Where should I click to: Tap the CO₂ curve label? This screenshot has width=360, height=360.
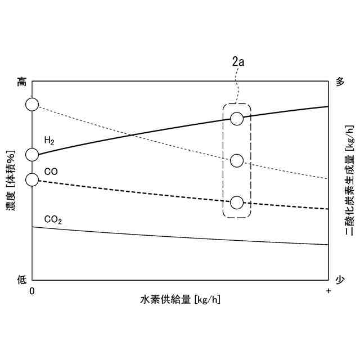(53, 219)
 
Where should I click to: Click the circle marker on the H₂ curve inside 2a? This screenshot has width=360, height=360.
(237, 119)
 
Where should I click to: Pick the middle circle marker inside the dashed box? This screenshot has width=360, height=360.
(237, 161)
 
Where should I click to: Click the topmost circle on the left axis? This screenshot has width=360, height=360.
(32, 104)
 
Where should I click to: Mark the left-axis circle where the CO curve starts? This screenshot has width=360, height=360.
(32, 179)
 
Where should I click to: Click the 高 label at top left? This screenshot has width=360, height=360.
(21, 82)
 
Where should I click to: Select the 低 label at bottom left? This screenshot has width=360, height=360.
(21, 279)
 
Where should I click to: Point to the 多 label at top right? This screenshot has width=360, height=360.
(339, 82)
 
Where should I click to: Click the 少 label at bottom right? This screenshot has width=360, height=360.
(339, 279)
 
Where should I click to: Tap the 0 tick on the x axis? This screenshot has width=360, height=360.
(32, 290)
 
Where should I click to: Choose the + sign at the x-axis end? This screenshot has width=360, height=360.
(328, 290)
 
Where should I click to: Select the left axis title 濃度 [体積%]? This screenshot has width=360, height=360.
(11, 180)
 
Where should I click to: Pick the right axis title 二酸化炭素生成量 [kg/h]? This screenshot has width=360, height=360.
(349, 180)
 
